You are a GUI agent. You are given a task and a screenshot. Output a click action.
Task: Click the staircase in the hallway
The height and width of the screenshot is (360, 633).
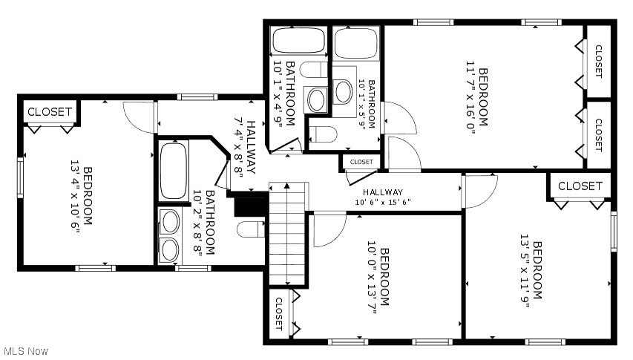(x=287, y=233)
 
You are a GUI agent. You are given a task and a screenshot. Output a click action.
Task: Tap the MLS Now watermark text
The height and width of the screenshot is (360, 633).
(x=25, y=350)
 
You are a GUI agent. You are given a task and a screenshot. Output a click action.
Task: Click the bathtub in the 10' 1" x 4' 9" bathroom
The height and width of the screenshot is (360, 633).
(x=298, y=42)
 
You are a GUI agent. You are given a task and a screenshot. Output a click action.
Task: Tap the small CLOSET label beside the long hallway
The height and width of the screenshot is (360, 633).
(x=361, y=162)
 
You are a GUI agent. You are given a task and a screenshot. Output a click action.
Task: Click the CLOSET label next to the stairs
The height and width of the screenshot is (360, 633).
(x=278, y=313)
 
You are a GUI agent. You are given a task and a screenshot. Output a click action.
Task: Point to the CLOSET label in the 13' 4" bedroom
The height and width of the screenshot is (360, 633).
(x=50, y=112)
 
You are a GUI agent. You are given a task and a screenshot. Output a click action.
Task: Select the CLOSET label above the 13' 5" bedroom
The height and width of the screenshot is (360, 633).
(x=580, y=186)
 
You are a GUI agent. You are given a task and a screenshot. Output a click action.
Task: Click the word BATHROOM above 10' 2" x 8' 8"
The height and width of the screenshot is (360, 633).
(x=211, y=223)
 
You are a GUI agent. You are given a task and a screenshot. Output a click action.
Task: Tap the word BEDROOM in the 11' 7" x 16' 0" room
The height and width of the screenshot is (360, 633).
(x=482, y=97)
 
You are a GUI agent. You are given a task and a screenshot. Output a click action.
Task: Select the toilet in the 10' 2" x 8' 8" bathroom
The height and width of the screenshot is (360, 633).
(x=251, y=229)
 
